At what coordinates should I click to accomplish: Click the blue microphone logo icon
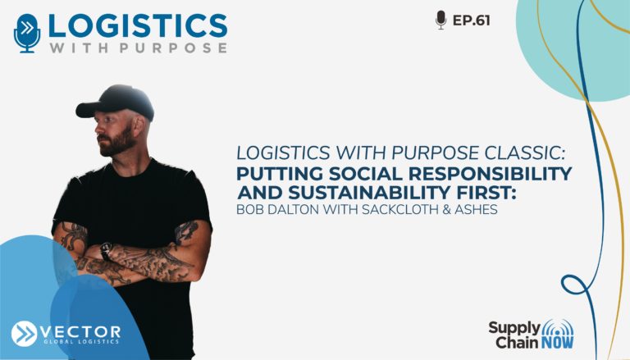pyautogui.click(x=27, y=33)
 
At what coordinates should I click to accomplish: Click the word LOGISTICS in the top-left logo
pyautogui.click(x=138, y=26)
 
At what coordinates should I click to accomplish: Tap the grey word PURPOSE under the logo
pyautogui.click(x=174, y=48)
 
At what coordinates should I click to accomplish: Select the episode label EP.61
pyautogui.click(x=472, y=21)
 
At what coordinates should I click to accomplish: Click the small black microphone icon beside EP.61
pyautogui.click(x=441, y=20)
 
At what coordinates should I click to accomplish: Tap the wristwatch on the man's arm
pyautogui.click(x=106, y=251)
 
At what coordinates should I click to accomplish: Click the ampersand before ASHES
pyautogui.click(x=446, y=209)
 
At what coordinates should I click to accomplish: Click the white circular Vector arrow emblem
pyautogui.click(x=24, y=334)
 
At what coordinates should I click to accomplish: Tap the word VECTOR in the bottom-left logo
pyautogui.click(x=80, y=332)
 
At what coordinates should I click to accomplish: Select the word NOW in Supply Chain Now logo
pyautogui.click(x=557, y=343)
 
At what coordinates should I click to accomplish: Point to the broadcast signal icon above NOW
pyautogui.click(x=558, y=327)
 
